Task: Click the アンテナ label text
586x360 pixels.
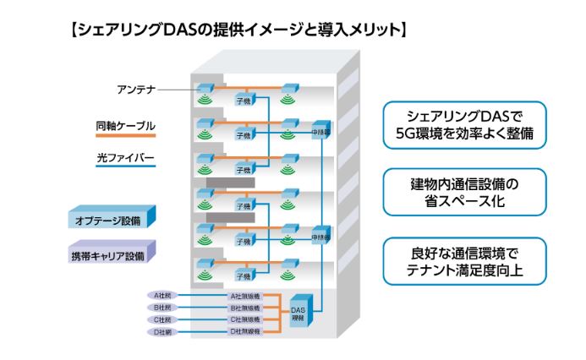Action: (x=134, y=88)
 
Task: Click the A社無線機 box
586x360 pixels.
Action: (x=246, y=297)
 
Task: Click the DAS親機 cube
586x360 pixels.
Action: (x=302, y=314)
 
